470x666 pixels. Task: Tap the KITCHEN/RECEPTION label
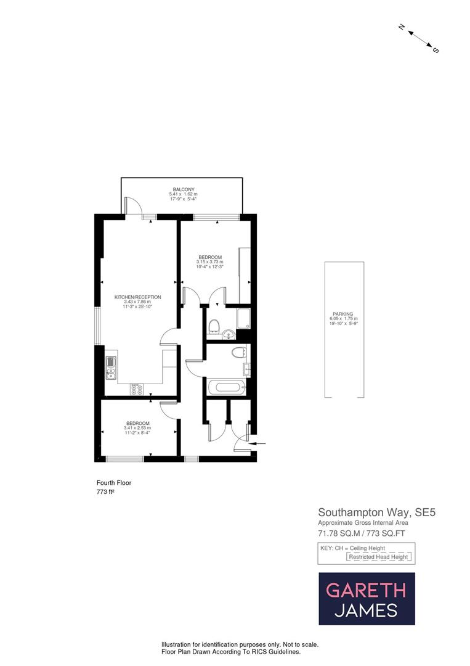(137, 297)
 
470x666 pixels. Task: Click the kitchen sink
(111, 366)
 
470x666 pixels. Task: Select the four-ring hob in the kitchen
(137, 389)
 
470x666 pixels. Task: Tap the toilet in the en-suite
(214, 325)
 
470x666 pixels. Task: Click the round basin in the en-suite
(229, 335)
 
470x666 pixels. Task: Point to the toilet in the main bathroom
(239, 352)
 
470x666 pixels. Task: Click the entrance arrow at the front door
(260, 443)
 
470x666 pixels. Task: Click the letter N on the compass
(401, 27)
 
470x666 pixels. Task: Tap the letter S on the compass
(435, 50)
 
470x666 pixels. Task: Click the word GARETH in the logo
(366, 590)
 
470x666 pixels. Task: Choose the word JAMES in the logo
(366, 610)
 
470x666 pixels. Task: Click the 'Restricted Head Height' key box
(379, 557)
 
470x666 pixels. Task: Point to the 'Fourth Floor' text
(114, 483)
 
